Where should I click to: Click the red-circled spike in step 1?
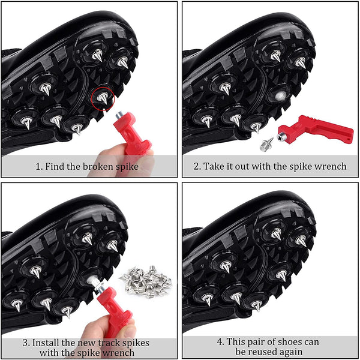pyautogui.click(x=103, y=98)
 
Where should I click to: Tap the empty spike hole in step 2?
pyautogui.click(x=281, y=95)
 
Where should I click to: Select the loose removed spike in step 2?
pyautogui.click(x=266, y=145)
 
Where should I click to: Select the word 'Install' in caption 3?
pyautogui.click(x=46, y=343)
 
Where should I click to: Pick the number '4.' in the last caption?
pyautogui.click(x=220, y=341)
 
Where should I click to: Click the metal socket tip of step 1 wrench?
pyautogui.click(x=119, y=115)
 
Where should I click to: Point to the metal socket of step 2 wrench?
pyautogui.click(x=281, y=138)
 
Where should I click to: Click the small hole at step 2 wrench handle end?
pyautogui.click(x=349, y=139)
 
